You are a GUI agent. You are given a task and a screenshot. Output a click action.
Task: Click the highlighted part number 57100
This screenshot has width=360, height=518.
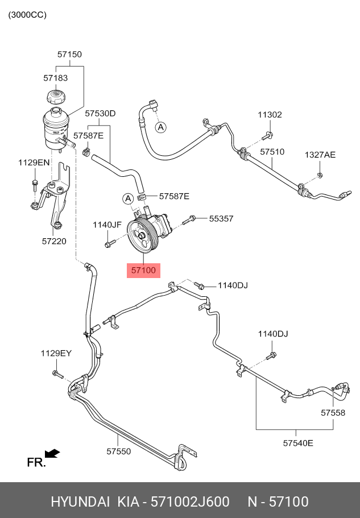point(143,271)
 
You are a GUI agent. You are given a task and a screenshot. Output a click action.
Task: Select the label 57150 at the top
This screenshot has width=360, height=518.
point(69,55)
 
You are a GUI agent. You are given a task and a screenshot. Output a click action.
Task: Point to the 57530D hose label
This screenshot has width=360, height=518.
point(100,114)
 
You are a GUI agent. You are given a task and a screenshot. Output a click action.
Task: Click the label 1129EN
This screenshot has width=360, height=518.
point(34,163)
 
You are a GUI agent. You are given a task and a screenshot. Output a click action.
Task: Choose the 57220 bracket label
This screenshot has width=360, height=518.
point(54,241)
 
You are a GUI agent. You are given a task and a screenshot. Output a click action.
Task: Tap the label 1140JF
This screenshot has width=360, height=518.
point(107,225)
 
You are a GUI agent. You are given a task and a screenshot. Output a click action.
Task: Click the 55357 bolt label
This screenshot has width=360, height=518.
point(221,218)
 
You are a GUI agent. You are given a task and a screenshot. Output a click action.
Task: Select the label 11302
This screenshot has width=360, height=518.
point(269,115)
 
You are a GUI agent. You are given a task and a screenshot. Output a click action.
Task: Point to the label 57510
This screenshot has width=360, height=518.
point(272,152)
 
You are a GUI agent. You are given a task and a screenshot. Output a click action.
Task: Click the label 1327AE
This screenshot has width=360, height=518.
point(320,155)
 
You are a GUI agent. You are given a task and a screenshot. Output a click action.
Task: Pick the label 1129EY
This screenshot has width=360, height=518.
point(56,353)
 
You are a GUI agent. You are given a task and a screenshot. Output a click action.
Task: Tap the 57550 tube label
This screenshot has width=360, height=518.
point(118,451)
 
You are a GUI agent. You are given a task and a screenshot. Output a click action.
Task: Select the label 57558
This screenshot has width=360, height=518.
point(333,413)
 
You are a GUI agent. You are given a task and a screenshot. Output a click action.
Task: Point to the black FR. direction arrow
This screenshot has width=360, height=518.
point(52,453)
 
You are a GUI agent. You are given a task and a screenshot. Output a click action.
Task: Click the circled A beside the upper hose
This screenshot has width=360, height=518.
point(161,127)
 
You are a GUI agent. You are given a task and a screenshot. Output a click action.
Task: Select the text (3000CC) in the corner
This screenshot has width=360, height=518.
point(27,15)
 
